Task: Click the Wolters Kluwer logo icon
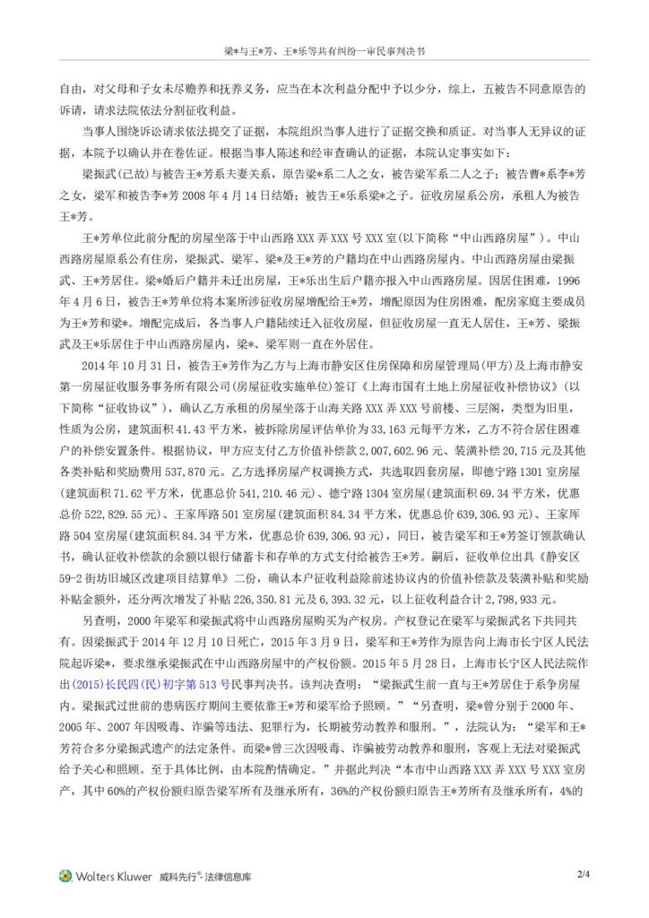(65, 875)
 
